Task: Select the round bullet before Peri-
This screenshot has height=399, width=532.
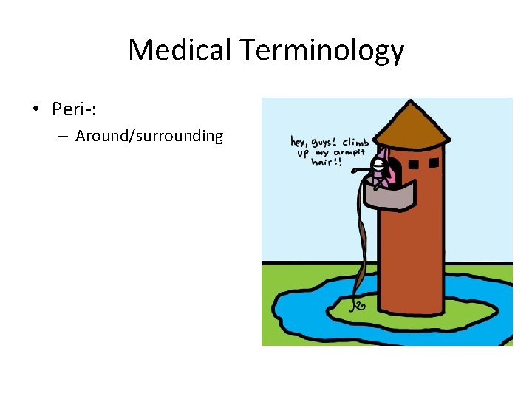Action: pos(35,110)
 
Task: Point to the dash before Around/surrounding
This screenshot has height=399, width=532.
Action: pos(63,137)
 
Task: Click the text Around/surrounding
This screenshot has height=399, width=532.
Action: pos(149,136)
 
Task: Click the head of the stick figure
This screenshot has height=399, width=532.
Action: pos(378,165)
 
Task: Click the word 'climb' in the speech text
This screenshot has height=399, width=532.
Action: pos(356,141)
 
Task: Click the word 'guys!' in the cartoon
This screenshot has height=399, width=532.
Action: pos(327,141)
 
